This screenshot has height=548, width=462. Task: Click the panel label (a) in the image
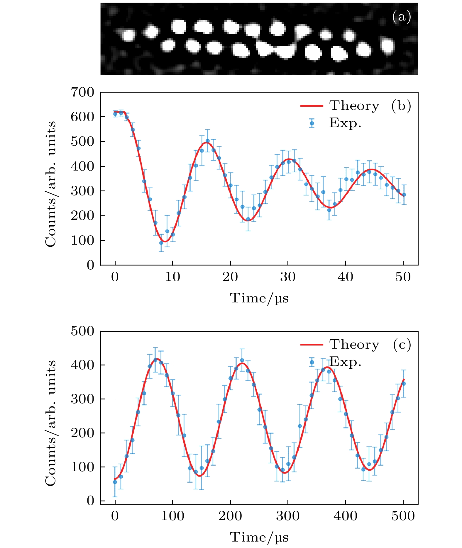[402, 17]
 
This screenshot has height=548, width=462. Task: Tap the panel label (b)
[401, 106]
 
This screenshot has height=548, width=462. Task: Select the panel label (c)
[402, 345]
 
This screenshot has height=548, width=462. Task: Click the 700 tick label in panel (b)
[82, 92]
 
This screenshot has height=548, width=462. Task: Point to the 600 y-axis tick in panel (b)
[82, 117]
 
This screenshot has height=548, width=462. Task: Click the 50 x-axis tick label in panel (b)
[403, 277]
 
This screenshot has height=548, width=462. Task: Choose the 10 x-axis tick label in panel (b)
[172, 277]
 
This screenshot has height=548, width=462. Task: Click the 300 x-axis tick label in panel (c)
[288, 516]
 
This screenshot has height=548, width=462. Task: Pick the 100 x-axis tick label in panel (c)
[172, 516]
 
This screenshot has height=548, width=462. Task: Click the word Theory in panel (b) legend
[354, 106]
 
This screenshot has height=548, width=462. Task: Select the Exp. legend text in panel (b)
[345, 123]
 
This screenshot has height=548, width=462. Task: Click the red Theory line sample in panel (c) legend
[312, 345]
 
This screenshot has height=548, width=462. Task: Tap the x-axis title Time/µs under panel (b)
[259, 298]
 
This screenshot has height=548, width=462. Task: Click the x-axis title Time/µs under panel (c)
[259, 537]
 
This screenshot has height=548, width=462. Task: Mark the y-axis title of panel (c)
[50, 423]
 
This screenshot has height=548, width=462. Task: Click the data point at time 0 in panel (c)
[115, 482]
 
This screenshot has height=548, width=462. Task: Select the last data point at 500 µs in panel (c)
[403, 383]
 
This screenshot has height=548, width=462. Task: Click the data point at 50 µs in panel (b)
[404, 195]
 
